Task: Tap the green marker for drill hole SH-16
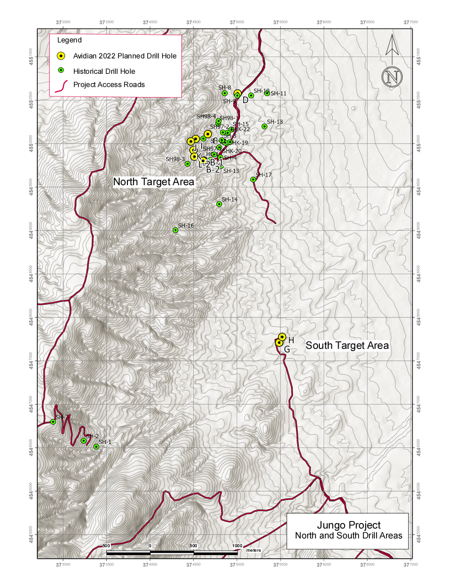[175, 230]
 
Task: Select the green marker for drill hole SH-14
[219, 204]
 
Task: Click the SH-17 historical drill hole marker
[253, 179]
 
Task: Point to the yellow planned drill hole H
[282, 337]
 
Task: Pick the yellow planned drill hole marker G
[279, 342]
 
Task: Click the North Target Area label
[154, 182]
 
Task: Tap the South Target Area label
[347, 346]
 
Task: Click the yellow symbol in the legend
[62, 56]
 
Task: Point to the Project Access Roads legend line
[62, 85]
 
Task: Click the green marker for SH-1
[96, 446]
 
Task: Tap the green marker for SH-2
[84, 440]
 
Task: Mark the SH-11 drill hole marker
[267, 93]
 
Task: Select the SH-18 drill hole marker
[264, 126]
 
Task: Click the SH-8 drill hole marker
[225, 93]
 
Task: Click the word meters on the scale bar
[254, 551]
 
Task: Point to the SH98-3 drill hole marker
[187, 164]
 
